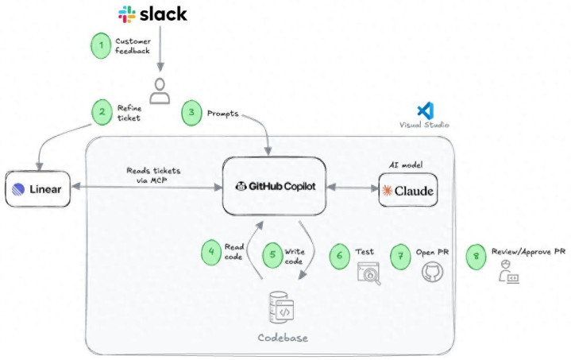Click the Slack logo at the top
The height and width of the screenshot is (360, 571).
point(152,14)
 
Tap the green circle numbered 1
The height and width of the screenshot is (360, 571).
point(101,45)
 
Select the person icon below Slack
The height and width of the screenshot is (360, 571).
point(160,91)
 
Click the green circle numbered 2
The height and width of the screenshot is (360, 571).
point(101,112)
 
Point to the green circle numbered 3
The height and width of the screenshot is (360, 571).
point(191,113)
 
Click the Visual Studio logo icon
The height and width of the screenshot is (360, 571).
point(425,110)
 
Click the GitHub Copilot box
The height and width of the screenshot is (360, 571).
point(275,187)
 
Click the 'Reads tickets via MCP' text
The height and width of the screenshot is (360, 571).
point(153,175)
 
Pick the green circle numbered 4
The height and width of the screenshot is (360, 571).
point(211,253)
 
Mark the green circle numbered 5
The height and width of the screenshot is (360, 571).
point(273,256)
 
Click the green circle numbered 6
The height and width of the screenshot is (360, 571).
point(341,255)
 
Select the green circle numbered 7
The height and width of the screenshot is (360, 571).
point(401,255)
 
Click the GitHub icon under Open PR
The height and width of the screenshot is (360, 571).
point(432,273)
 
